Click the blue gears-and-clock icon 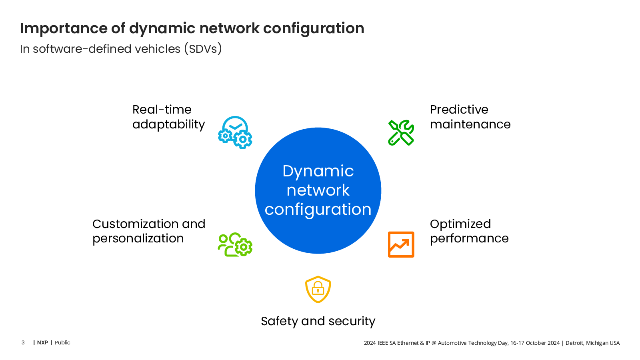point(235,132)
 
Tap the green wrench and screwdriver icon point(401,132)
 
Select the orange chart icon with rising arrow point(401,244)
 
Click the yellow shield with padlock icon point(318,289)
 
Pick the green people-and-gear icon point(235,244)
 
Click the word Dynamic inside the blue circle point(318,172)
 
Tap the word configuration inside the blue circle point(318,210)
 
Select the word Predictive point(459,110)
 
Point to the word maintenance point(470,124)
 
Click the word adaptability point(168,125)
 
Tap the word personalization point(138,239)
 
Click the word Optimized point(460,224)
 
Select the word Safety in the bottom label point(279,322)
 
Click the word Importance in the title point(64,29)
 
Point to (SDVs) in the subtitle point(203,49)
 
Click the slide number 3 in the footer point(23,342)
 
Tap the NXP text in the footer point(42,342)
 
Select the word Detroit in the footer point(574,343)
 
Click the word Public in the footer point(62,342)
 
